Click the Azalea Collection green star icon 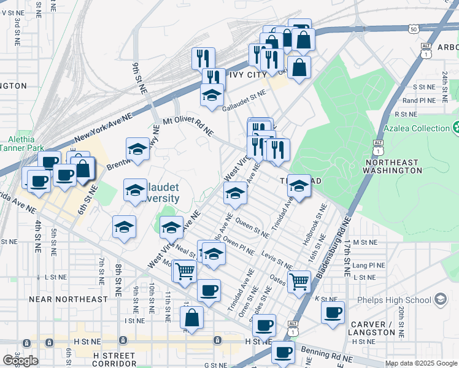tap(457, 128)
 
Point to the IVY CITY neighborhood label tap(247, 75)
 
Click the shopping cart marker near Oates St tap(299, 282)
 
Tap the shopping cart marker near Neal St tap(184, 270)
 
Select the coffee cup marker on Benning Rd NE tap(283, 352)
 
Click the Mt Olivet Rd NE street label tap(188, 126)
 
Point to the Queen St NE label tap(252, 228)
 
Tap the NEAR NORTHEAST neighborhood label tap(67, 299)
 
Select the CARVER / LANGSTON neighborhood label tap(374, 328)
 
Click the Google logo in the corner tap(20, 360)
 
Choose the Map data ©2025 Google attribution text tap(421, 363)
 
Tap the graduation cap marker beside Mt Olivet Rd tap(137, 148)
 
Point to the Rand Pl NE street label tap(418, 101)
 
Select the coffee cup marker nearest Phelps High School tap(333, 312)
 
